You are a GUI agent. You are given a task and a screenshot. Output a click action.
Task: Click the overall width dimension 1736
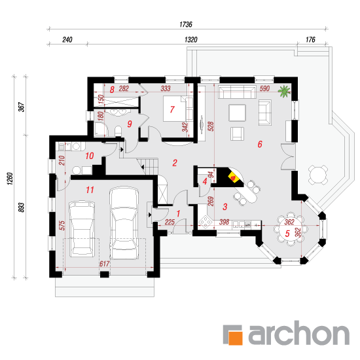(186, 24)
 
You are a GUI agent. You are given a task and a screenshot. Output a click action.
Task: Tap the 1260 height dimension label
(10, 179)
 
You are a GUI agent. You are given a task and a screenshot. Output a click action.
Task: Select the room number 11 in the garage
(90, 190)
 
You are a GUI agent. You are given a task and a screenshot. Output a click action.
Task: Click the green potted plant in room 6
(285, 91)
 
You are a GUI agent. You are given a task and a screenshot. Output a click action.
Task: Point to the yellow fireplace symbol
(233, 177)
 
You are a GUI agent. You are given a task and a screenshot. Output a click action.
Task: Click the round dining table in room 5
(291, 228)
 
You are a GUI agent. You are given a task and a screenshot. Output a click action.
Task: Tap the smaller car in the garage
(82, 228)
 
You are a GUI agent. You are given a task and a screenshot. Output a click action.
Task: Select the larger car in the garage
(124, 223)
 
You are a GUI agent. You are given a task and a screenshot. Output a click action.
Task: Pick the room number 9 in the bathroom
(130, 124)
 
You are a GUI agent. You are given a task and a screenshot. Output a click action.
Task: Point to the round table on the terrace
(317, 175)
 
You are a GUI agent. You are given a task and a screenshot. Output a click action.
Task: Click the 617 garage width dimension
(104, 264)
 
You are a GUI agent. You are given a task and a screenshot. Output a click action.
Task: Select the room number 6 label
(260, 144)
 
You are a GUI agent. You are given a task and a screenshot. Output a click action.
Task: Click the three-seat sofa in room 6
(237, 92)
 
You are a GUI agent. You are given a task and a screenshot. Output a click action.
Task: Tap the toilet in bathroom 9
(118, 131)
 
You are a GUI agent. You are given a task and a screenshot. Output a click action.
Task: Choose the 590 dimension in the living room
(264, 88)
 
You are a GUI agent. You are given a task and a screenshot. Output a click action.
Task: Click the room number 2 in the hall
(175, 163)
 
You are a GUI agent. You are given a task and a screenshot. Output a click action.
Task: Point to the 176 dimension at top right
(310, 39)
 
